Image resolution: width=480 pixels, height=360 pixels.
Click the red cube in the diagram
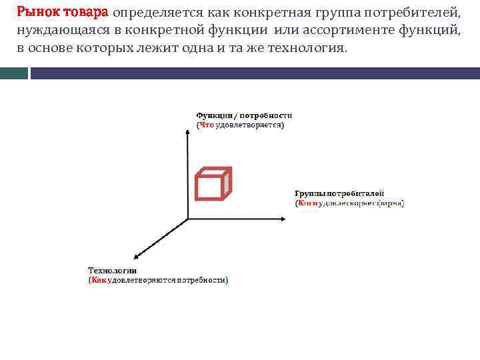coord(213,183)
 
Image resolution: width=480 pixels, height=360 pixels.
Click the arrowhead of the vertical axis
coord(187,132)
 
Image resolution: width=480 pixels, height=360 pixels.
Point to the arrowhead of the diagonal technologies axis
coord(137,255)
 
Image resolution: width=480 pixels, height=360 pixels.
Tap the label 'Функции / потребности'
coord(243,115)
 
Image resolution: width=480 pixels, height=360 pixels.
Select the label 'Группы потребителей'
coord(339,193)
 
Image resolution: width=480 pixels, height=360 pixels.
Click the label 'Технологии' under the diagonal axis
coord(113,271)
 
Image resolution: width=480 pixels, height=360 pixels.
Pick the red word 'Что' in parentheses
coord(207,125)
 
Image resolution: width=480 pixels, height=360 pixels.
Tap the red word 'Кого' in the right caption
coord(308,203)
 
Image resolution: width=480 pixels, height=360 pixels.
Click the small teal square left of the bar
coord(14,73)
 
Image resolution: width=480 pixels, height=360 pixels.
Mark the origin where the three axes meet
coord(187,218)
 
